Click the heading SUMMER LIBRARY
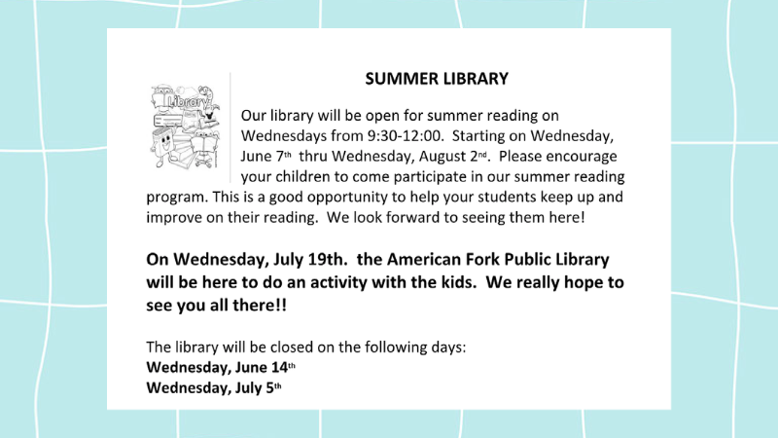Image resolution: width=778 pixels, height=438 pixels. (437, 79)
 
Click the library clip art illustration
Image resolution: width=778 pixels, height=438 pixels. (185, 127)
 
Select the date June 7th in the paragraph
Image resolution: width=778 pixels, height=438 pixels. (265, 156)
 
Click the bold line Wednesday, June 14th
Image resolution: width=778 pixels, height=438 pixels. (221, 367)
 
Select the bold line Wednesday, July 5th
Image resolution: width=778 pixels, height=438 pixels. (214, 387)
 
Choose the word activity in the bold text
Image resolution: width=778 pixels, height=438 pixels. (338, 282)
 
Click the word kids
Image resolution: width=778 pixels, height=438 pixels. (451, 282)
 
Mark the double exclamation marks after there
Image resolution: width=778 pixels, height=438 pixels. (282, 305)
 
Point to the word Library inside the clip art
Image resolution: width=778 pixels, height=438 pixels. (187, 102)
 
